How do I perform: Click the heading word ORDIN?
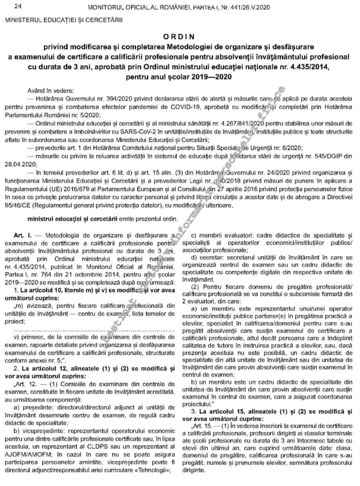(x=180, y=36)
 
